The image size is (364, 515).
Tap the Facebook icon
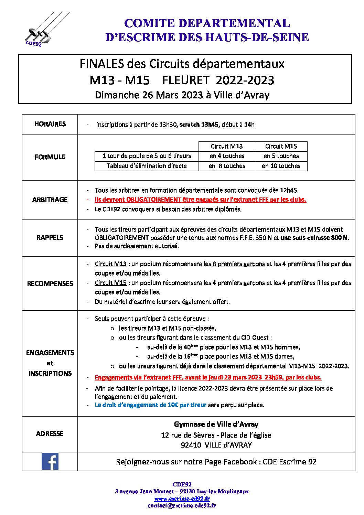[50, 461]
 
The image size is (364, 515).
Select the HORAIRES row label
[50, 124]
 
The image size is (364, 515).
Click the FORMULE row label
[50, 157]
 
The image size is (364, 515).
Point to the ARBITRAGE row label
[50, 200]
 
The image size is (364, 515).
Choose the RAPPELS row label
[50, 237]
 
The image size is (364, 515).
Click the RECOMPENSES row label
[50, 283]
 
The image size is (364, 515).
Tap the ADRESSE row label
[50, 433]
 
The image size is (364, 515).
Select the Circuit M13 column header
[227, 146]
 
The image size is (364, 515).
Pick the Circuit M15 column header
[281, 146]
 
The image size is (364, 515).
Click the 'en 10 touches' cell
[281, 166]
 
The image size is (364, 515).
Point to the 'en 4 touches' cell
[227, 156]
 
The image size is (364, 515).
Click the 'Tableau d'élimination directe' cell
[147, 166]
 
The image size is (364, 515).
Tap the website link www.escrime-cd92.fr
[182, 498]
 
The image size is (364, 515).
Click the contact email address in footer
[182, 505]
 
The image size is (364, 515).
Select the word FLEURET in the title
[185, 80]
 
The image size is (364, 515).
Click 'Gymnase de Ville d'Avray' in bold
[216, 424]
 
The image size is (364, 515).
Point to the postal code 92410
[191, 445]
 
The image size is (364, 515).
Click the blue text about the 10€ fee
[150, 405]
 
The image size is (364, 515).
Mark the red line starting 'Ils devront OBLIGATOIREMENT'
[200, 200]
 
